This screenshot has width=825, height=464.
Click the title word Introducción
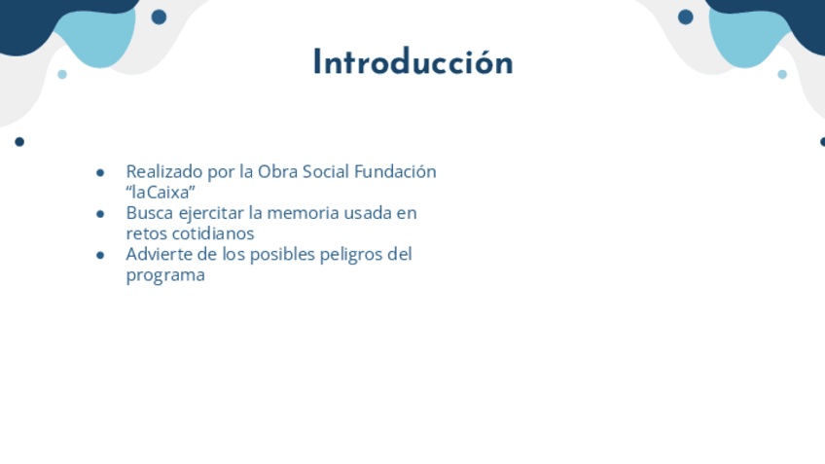coord(413,62)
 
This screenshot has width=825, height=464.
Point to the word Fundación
coord(395,171)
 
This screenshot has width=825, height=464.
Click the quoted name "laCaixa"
coord(161,192)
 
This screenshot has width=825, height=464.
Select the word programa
coord(165,275)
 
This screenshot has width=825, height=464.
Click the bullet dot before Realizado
coord(100,172)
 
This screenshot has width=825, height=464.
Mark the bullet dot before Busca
coord(100,214)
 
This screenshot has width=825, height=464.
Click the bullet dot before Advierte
coord(100,256)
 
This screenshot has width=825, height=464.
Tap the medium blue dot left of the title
coord(159,18)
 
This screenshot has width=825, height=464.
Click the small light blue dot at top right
coord(782,75)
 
